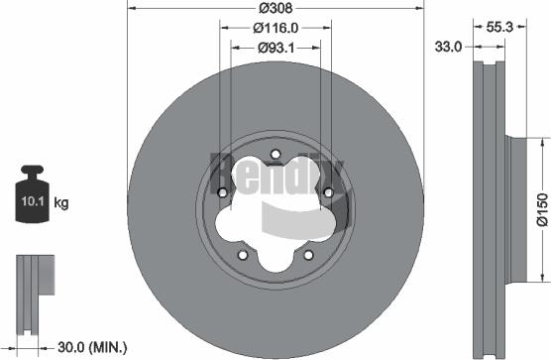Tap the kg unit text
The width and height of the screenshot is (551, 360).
[61, 204]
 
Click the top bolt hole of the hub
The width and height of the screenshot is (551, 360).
[275, 154]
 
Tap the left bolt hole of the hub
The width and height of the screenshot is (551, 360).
[224, 192]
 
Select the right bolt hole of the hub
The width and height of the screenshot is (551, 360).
[326, 192]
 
